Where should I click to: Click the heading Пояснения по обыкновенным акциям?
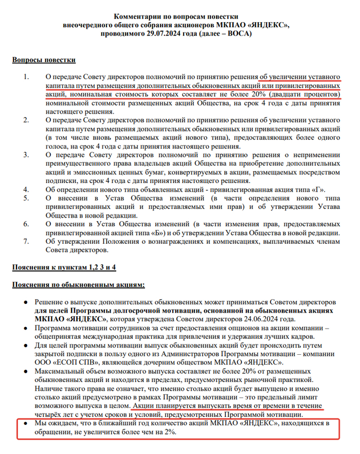79,284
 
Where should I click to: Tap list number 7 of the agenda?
27,242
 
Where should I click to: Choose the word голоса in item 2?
56,147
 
